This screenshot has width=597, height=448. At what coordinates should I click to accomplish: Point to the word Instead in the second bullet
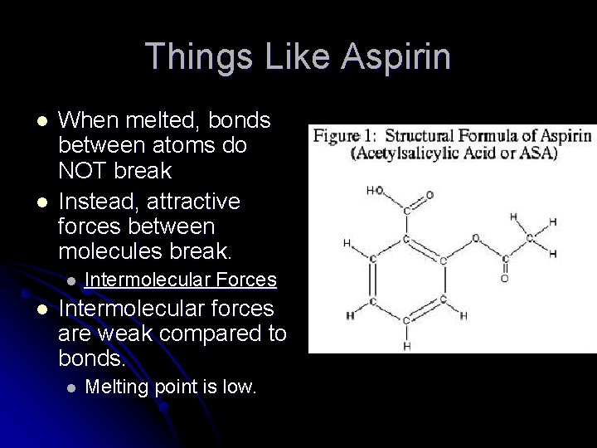(x=92, y=201)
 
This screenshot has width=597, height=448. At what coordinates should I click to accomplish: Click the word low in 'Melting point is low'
(x=240, y=387)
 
